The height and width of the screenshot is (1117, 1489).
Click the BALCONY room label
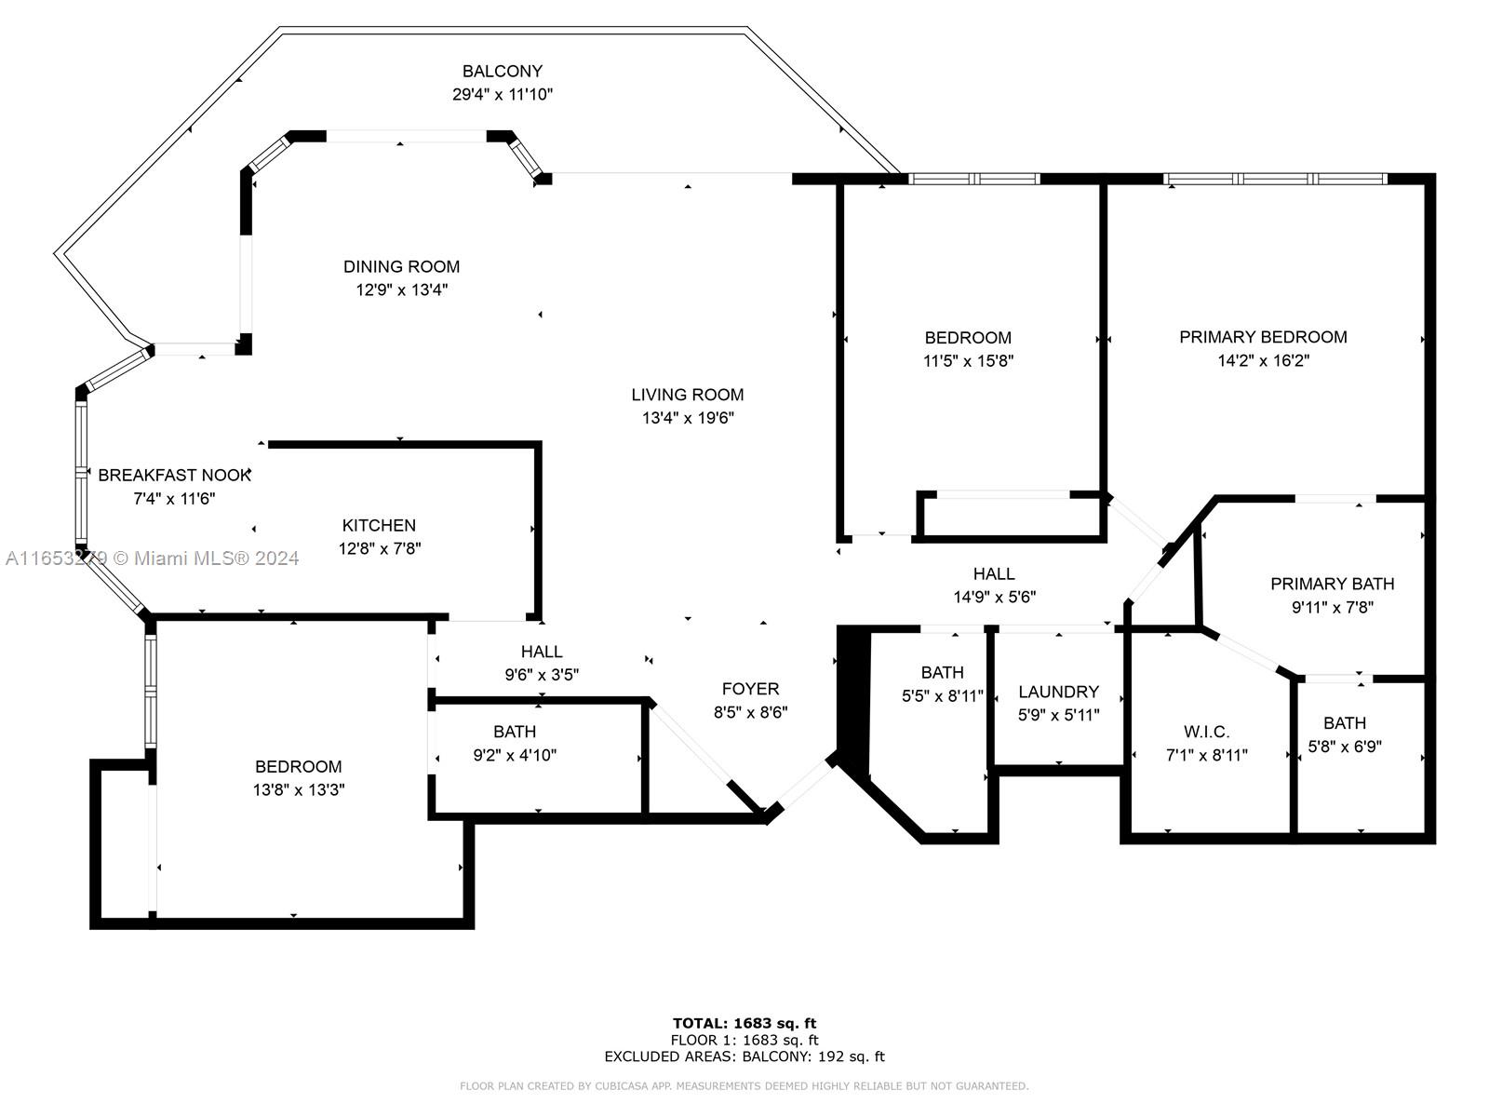pos(502,72)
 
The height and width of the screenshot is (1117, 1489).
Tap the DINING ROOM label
pos(402,266)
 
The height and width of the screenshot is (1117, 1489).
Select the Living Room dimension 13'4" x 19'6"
pos(688,418)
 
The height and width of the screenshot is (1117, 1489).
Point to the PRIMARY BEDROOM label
pos(1263,337)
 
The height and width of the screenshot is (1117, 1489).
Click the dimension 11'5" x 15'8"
pos(968,361)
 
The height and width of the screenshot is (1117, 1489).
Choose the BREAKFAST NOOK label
pos(174,476)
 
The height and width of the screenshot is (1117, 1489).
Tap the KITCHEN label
pos(379,526)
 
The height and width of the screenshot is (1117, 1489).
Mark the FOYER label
pos(750,689)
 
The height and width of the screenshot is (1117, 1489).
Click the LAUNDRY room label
pos(1058,692)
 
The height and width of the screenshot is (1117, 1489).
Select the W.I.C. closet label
pos(1206,732)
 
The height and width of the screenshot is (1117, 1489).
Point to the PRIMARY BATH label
pos(1333,584)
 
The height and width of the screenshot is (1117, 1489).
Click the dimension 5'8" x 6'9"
pos(1345,747)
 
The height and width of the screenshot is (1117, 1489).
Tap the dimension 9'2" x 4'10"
pos(515,756)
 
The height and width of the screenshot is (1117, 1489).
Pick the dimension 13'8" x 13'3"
pos(299,790)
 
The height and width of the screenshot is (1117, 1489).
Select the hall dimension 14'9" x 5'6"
pos(995,598)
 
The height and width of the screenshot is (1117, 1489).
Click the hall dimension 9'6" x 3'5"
pos(542,675)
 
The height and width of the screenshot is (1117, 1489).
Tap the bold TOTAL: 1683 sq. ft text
pos(744,1023)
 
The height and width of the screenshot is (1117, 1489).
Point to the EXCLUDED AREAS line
pos(744,1056)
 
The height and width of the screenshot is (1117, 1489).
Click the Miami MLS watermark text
pos(152,558)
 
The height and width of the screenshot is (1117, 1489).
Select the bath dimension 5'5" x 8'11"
pos(942,696)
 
